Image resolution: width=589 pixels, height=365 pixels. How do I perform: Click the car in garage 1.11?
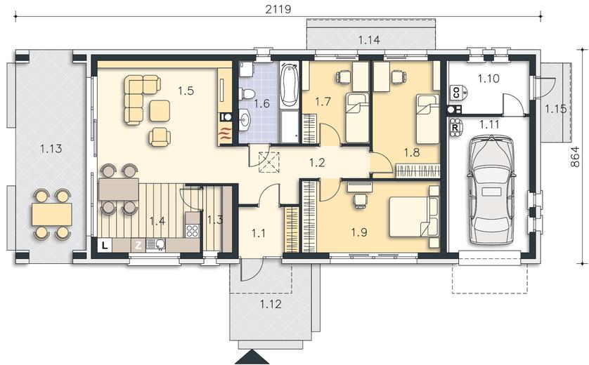tap(491, 190)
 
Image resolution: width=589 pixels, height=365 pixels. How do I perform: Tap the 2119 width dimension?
tap(278, 8)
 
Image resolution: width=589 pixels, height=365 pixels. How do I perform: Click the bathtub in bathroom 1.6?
tap(290, 84)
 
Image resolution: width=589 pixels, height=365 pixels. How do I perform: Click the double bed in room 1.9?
tap(414, 217)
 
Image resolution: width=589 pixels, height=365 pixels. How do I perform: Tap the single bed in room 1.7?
tap(357, 118)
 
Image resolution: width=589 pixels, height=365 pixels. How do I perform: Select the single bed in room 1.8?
tap(428, 119)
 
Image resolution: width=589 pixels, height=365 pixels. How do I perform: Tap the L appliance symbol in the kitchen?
tap(105, 246)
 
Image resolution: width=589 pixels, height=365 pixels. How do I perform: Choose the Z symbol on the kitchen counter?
tap(138, 246)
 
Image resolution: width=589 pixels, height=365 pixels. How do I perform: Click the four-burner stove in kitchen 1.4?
tap(193, 231)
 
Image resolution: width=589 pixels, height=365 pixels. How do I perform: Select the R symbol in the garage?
tap(455, 126)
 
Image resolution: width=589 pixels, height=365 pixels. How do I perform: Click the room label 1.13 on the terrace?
tap(51, 149)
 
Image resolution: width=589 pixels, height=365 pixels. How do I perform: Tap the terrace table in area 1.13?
tap(52, 214)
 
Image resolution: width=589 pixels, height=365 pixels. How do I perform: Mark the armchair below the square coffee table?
tap(160, 137)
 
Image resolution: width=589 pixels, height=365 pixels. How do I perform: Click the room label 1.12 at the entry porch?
tap(271, 303)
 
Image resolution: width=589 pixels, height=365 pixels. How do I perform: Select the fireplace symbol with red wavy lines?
tap(226, 133)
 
